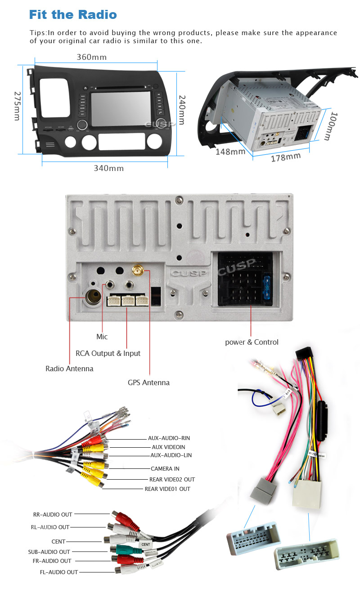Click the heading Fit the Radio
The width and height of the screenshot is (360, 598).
[73, 14]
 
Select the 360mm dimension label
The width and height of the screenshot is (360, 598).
[91, 57]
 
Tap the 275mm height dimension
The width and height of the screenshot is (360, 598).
[17, 106]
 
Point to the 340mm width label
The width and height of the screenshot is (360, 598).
[108, 168]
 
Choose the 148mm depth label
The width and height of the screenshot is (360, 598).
[230, 152]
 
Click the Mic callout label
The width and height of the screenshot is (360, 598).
[102, 337]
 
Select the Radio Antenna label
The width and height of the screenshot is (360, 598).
[69, 369]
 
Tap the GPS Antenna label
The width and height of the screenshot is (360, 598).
[148, 382]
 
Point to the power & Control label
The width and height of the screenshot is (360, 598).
[252, 342]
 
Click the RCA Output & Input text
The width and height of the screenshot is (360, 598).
[108, 353]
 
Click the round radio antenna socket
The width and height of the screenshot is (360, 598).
[95, 297]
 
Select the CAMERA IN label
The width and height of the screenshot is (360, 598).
[165, 469]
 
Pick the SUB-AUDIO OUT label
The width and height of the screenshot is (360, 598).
[49, 552]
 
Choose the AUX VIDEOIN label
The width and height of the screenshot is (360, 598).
[168, 447]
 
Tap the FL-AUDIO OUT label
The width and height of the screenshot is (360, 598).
[59, 572]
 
